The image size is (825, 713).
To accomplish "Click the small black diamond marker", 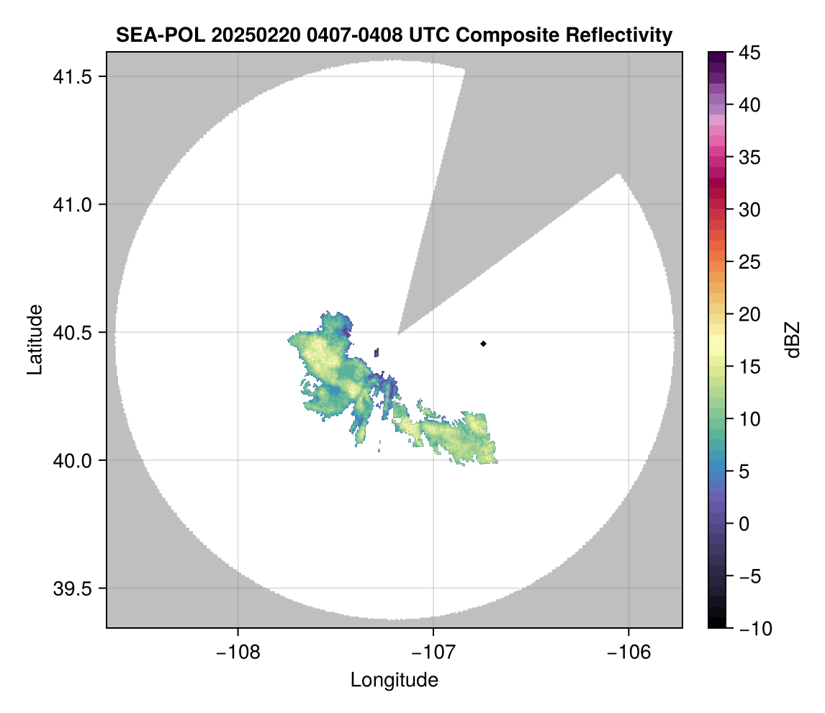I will point(484,344).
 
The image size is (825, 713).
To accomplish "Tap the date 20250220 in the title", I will point(244,35).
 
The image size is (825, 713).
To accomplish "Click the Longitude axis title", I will point(394,680).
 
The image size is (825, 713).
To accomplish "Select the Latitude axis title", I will point(35,339).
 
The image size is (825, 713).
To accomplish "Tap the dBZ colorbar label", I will point(792,339).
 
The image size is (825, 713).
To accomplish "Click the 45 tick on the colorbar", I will point(749,53).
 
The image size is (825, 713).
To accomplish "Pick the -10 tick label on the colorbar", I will point(753,629).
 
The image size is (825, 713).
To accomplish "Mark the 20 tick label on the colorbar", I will point(749,315).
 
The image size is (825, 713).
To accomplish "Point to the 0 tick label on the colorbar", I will point(744,524).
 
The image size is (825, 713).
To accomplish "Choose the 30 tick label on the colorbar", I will point(749,210).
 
